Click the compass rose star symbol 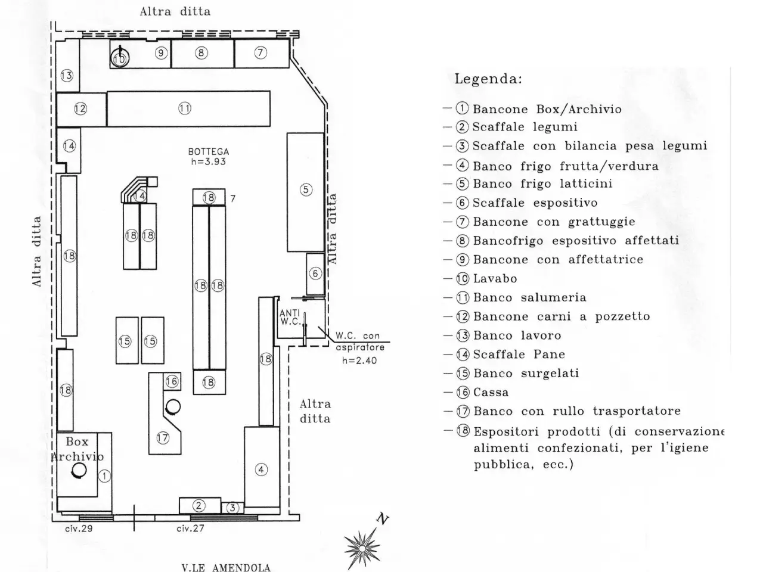[361, 548]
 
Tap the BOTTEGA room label [209, 151]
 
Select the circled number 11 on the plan [185, 108]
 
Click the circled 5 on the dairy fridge [306, 189]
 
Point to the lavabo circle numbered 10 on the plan [120, 58]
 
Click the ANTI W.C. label [290, 318]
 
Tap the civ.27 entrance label [190, 529]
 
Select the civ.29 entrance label [79, 529]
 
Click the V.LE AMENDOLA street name [226, 567]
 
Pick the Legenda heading [488, 79]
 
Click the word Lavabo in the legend [495, 278]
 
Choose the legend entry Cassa [491, 393]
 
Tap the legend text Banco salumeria [530, 298]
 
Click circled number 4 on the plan [261, 470]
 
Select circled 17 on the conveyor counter [163, 437]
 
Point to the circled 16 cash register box [172, 381]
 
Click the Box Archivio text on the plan [77, 449]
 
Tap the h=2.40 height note [359, 360]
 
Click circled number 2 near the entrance [198, 506]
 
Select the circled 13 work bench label [67, 75]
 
